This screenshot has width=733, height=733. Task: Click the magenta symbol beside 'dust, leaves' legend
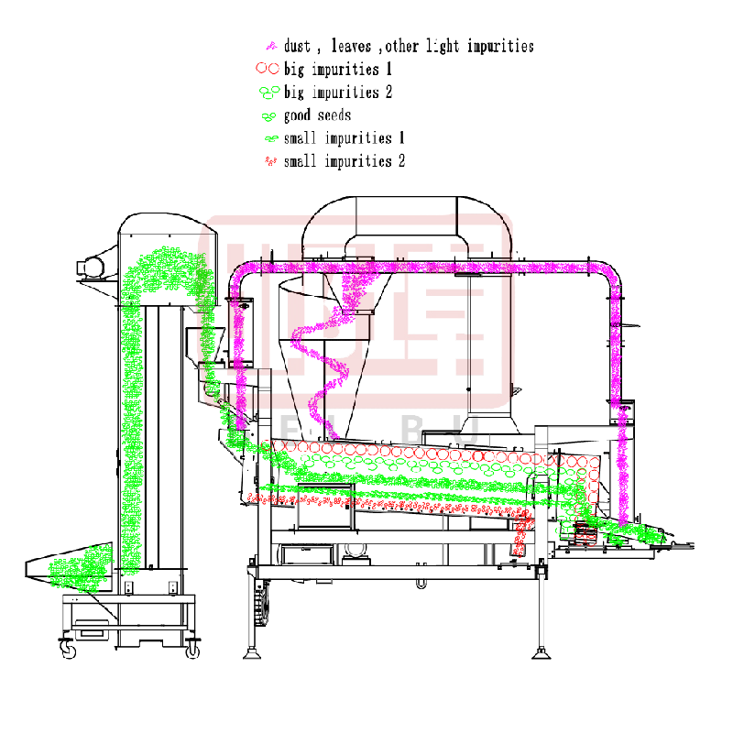click(270, 46)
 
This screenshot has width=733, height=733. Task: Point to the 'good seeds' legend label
click(317, 115)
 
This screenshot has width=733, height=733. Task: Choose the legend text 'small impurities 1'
click(345, 138)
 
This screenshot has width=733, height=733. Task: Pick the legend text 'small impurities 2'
click(345, 161)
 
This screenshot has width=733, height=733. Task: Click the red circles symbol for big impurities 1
click(267, 69)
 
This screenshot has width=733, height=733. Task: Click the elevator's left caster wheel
click(68, 650)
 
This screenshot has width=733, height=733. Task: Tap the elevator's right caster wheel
click(193, 650)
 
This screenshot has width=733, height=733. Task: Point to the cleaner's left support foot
click(250, 653)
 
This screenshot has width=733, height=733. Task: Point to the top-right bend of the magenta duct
click(608, 275)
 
